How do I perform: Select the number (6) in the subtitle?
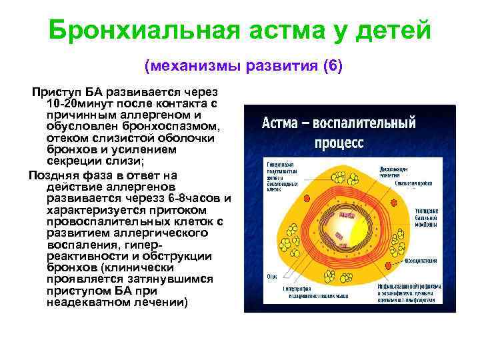332,67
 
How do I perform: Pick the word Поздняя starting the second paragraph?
53,175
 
